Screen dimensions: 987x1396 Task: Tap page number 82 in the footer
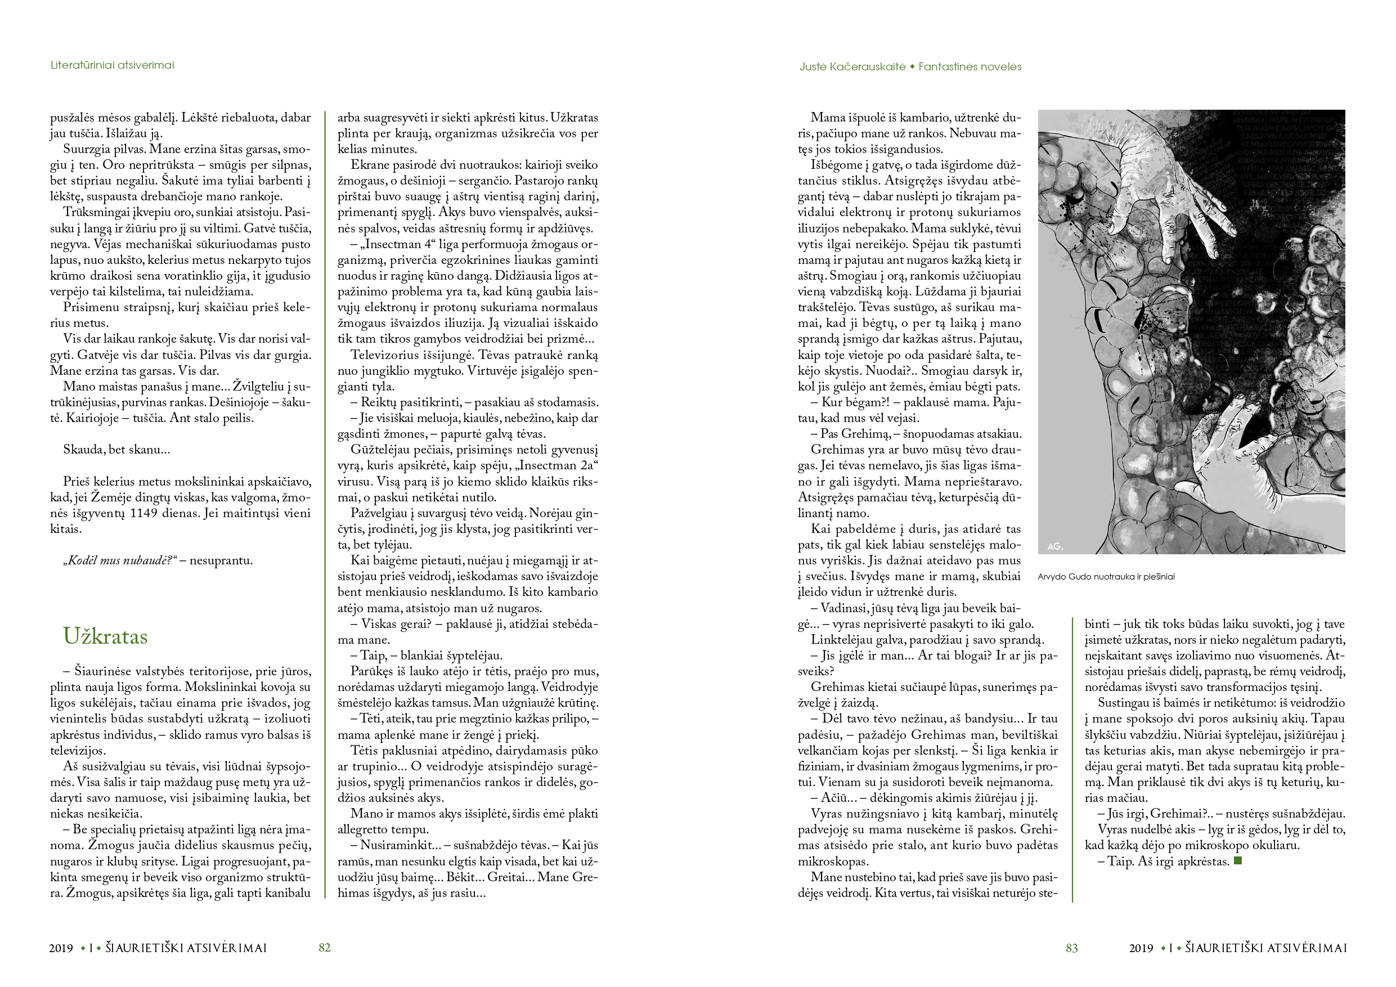pos(325,948)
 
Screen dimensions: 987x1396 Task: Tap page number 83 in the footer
pos(1071,948)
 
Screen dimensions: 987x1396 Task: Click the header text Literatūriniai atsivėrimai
pos(112,65)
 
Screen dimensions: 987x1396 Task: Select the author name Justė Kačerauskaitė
pos(852,67)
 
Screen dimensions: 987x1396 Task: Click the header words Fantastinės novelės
pos(970,67)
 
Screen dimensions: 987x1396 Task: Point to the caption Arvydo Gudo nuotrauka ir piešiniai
pos(1106,577)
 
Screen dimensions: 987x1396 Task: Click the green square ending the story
pos(1237,860)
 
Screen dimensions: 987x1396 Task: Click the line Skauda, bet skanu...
pos(116,450)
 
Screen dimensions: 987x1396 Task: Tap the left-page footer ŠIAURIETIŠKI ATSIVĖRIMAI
pos(186,948)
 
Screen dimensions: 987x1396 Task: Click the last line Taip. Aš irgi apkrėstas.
pos(1164,861)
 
